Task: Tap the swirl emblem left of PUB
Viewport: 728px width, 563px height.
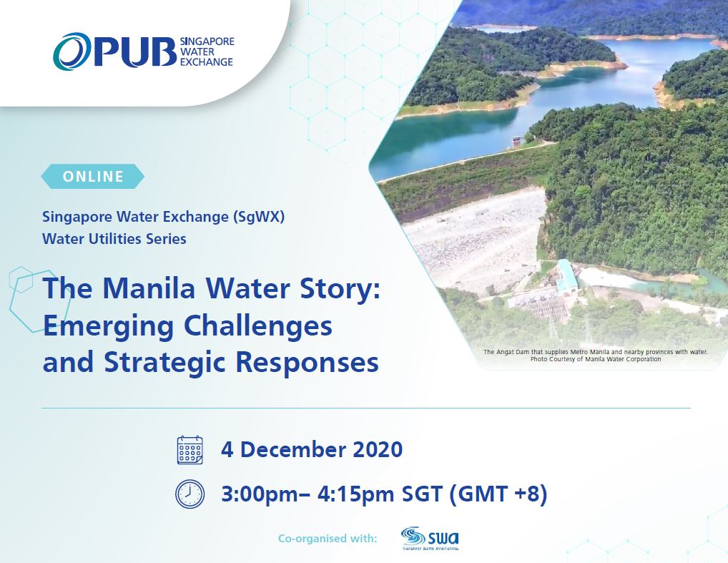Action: [72, 52]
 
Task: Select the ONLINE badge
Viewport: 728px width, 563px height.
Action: [93, 176]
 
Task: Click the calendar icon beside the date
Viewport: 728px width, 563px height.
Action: [190, 450]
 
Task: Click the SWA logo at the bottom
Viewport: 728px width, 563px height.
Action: [430, 538]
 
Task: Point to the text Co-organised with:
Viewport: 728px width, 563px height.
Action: [328, 538]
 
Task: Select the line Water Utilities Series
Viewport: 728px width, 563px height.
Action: [114, 239]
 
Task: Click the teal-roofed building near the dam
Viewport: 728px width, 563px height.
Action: [566, 275]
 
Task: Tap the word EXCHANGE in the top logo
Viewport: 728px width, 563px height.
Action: [207, 62]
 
